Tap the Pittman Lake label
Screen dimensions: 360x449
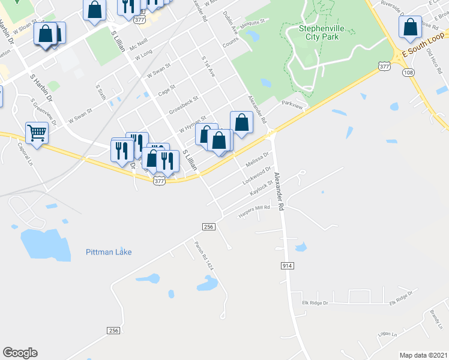109,252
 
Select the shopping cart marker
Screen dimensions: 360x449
37,133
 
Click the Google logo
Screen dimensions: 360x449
20,353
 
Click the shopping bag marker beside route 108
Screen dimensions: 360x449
410,27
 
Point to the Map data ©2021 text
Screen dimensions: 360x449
423,355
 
